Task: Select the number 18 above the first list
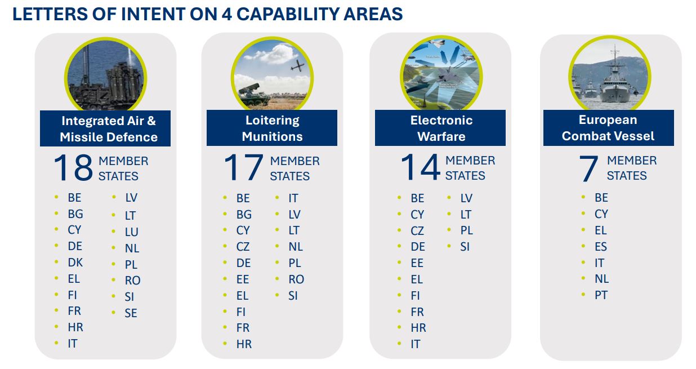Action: click(73, 167)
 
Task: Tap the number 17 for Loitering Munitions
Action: click(243, 167)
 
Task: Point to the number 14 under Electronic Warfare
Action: click(421, 167)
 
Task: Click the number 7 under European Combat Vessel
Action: click(588, 168)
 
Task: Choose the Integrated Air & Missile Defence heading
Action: click(105, 128)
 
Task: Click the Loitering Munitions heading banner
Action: click(272, 128)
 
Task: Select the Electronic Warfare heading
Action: click(440, 128)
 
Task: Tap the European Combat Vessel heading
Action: click(609, 128)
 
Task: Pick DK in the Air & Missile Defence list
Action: click(75, 263)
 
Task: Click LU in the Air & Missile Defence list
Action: click(131, 232)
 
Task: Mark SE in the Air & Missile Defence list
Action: click(131, 313)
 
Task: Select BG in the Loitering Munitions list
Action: click(244, 215)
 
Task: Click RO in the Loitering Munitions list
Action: click(296, 279)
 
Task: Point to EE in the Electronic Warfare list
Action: click(417, 263)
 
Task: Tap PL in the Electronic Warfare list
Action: click(467, 230)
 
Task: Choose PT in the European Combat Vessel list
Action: click(601, 295)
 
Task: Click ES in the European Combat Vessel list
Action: click(601, 247)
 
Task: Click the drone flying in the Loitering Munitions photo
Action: click(297, 66)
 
